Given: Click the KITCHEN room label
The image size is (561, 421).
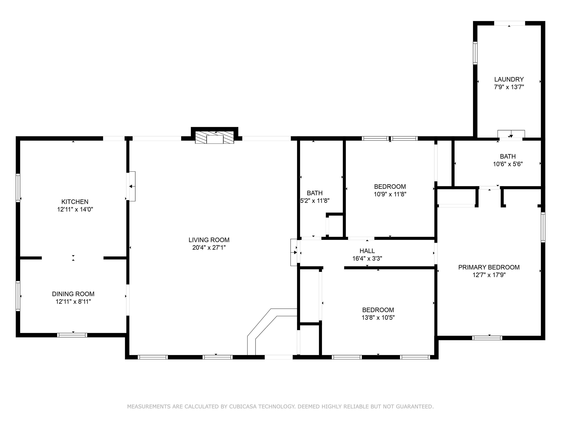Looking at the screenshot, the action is pos(75,202).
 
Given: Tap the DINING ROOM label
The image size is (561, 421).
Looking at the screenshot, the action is pos(73,294).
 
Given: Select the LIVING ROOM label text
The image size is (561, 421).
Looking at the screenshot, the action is pos(209,240).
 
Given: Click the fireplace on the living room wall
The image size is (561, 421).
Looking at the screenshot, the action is pos(215,137).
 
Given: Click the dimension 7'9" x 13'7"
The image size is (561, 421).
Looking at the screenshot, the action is pos(509,87).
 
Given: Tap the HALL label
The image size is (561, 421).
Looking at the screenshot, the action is pos(367,251).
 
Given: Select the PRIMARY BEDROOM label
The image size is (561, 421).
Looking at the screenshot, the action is pos(489,267).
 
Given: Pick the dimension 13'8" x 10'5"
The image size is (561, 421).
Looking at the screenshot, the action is pos(378,317).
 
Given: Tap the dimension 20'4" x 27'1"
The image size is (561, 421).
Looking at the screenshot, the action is pos(209,247).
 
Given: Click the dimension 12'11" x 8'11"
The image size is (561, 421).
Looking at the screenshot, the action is pos(73,301).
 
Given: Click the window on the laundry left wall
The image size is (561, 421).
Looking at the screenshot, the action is pos(475,53).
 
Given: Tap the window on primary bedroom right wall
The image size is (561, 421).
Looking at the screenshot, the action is pos(543,227).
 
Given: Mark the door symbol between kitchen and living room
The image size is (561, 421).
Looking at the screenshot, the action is pos(131,186).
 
